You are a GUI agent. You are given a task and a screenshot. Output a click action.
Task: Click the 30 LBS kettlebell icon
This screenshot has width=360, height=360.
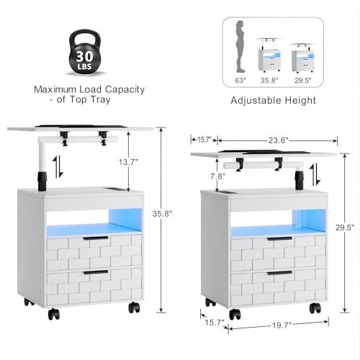[x=85, y=53]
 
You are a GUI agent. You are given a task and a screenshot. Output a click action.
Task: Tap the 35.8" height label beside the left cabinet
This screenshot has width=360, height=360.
[x=162, y=213]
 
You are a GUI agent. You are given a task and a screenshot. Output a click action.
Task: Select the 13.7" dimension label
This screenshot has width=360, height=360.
[x=128, y=162]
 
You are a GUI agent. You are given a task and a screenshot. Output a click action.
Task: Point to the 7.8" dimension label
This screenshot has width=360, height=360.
[x=218, y=176]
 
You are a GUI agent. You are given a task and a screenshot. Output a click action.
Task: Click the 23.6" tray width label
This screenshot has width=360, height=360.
[x=278, y=140]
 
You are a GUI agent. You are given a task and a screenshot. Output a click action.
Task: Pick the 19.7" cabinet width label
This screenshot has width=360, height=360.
[x=282, y=325]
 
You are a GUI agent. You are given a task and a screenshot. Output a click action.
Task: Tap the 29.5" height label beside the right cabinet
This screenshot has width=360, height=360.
[x=345, y=228]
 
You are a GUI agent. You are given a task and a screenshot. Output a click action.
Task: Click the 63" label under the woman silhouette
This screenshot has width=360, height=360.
[x=240, y=81]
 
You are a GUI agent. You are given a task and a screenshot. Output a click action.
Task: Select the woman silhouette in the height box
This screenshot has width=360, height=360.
[x=240, y=47]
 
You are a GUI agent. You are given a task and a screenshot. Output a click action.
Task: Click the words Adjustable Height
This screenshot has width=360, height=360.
[x=273, y=100]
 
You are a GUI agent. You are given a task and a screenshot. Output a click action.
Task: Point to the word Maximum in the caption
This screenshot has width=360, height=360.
[x=55, y=89]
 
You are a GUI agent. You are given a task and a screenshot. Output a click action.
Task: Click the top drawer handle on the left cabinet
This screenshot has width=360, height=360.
[x=96, y=238]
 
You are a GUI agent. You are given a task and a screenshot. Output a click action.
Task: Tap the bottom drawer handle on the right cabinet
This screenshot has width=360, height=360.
[x=281, y=273]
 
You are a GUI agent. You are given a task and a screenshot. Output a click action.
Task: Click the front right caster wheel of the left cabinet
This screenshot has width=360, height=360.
[x=134, y=307]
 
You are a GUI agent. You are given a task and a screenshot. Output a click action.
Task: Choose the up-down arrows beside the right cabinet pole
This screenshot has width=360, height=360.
[x=315, y=174]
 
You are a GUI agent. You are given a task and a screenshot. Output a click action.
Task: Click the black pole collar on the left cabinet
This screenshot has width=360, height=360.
[x=42, y=179]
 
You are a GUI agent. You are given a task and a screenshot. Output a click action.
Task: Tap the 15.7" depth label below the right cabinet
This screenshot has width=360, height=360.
[x=215, y=323]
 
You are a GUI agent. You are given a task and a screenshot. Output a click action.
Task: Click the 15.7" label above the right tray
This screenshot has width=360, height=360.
[x=204, y=140]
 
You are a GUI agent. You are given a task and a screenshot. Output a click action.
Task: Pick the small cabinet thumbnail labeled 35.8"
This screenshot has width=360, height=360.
[x=269, y=55]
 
